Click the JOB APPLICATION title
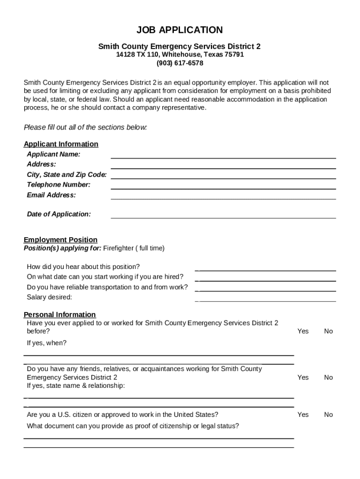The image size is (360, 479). point(180,30)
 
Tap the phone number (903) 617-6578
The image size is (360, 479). point(180,63)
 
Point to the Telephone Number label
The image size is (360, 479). point(58,185)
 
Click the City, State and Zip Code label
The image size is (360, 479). point(66,174)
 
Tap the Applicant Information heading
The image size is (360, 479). point(61,144)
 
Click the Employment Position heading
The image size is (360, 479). point(60,240)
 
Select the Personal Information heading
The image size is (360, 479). point(59,314)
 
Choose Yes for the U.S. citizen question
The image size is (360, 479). point(303,414)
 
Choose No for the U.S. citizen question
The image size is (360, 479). point(328,414)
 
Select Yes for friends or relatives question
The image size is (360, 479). point(303,377)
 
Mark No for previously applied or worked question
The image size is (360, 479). point(328,331)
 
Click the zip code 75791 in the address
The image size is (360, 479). point(234,55)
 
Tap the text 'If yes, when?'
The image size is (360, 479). point(47,343)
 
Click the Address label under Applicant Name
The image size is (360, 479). point(41,164)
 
